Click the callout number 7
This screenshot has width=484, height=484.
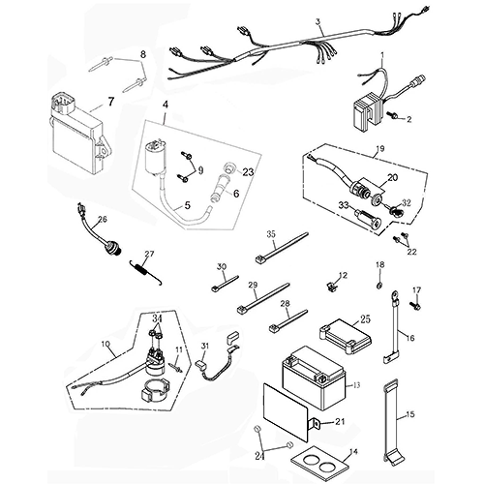109,100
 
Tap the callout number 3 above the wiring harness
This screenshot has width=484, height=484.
318,22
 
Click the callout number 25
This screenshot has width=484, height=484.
365,318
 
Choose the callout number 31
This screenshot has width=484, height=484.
205,347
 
